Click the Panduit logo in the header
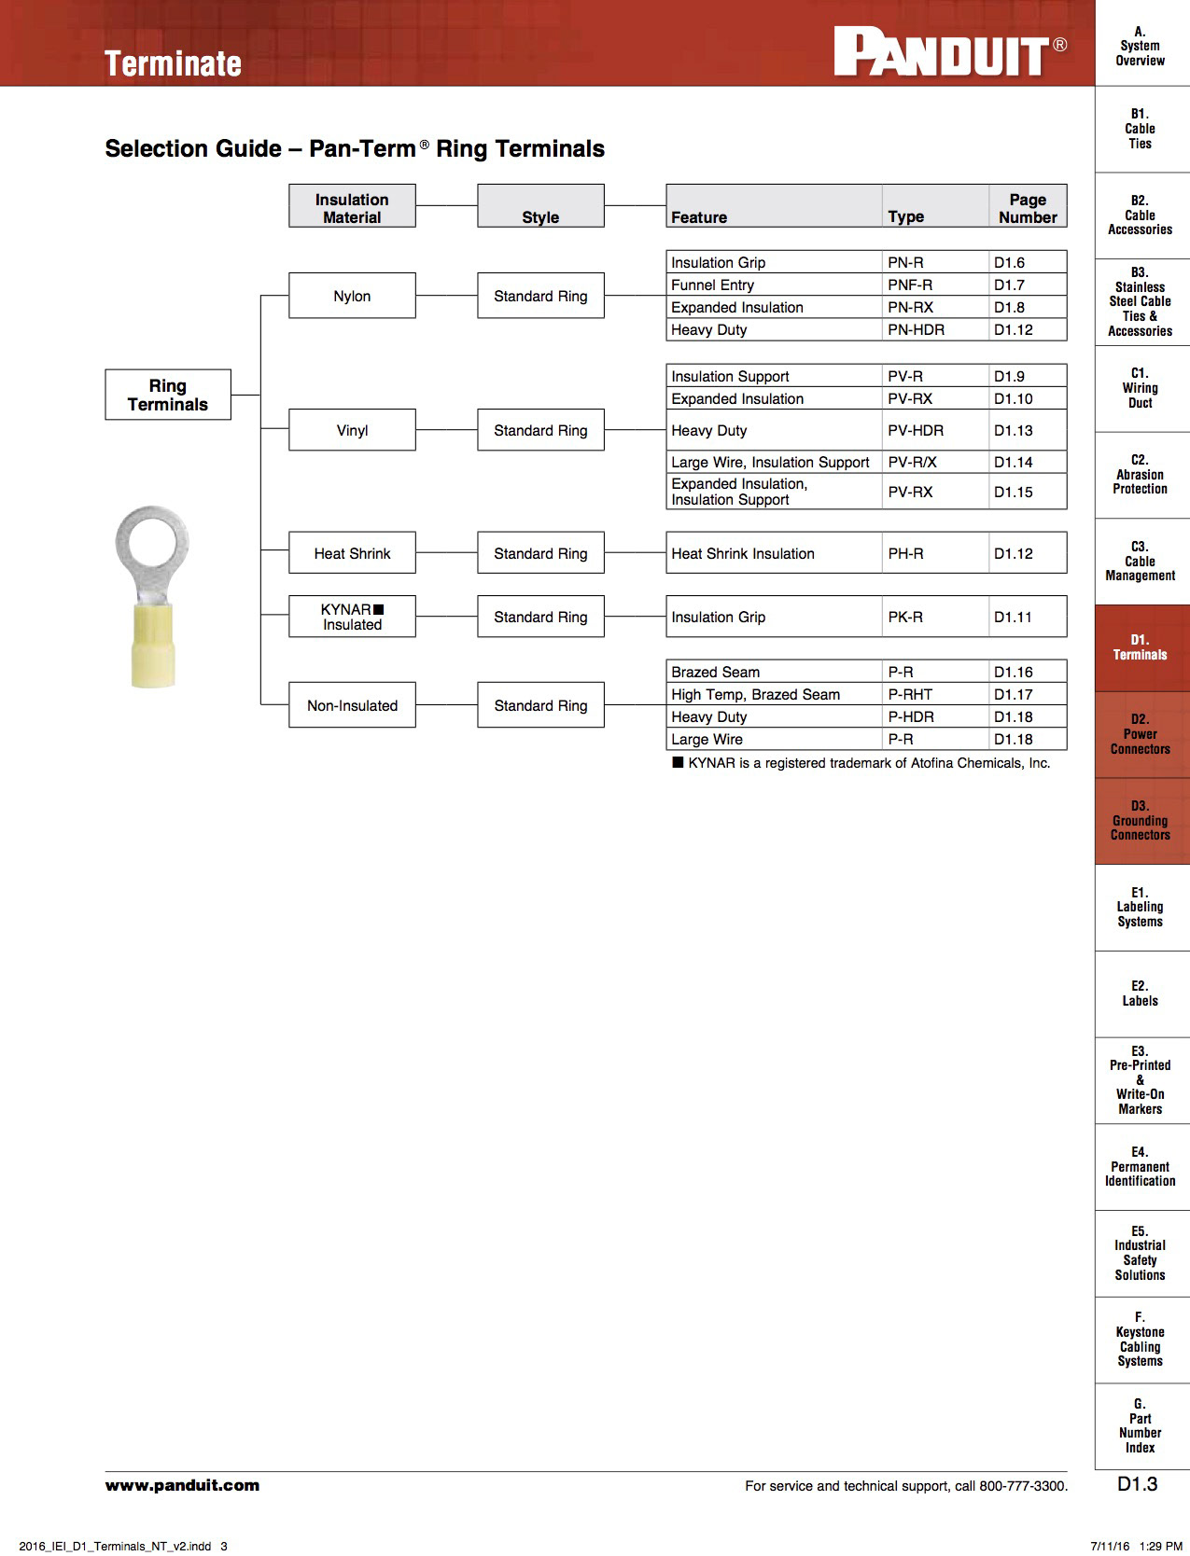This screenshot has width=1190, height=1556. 950,52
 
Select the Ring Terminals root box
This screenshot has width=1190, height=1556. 168,395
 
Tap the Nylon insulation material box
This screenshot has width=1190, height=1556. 352,296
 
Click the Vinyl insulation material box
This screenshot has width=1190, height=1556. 352,430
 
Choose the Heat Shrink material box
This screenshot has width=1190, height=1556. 352,553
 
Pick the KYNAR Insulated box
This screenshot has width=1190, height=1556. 352,617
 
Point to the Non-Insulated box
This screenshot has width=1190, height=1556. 352,705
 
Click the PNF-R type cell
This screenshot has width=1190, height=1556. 910,285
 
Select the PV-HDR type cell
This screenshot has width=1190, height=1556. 916,430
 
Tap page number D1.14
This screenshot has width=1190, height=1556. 1013,462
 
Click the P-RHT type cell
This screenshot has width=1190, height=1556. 910,694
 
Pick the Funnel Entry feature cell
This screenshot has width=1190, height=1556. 713,285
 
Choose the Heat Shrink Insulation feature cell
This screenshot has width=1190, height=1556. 743,553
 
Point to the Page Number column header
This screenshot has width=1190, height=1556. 1028,208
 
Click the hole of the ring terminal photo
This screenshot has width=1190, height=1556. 151,541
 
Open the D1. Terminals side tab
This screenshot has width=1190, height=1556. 1141,647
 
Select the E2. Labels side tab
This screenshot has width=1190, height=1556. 1141,993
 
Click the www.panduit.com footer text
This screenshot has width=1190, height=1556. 182,1485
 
